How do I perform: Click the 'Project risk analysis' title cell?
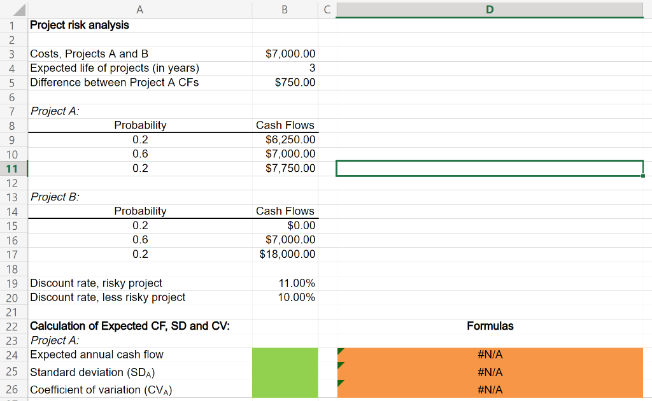[x=80, y=25]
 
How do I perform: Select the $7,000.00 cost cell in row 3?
[x=290, y=54]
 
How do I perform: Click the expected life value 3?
[x=311, y=68]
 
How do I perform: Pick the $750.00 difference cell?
[x=295, y=83]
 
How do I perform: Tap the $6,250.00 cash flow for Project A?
[x=290, y=139]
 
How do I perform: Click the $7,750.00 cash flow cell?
[x=290, y=168]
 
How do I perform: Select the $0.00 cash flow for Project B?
[x=301, y=225]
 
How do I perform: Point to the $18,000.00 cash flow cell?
[x=287, y=254]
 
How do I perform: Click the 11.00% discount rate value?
[x=297, y=283]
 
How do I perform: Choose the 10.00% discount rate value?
[x=297, y=297]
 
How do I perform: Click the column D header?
[x=489, y=10]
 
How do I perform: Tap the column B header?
[x=284, y=10]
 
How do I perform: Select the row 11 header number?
[x=12, y=169]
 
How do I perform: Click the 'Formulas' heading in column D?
[x=490, y=326]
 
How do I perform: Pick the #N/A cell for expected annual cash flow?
[x=490, y=355]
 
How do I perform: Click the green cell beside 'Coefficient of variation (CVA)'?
[x=285, y=390]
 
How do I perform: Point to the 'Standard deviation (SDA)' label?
[x=94, y=372]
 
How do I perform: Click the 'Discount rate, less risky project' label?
[x=108, y=297]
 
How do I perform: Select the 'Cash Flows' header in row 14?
[x=285, y=211]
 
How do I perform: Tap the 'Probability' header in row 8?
[x=140, y=125]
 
